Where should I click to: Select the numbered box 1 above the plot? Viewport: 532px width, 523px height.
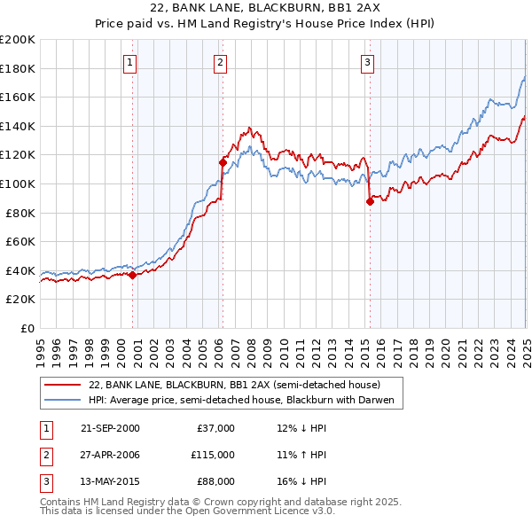130,62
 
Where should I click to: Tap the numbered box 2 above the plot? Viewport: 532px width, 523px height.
219,62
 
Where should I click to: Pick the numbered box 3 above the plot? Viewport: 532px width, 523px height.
367,62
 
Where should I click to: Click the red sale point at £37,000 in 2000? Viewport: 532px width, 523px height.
132,275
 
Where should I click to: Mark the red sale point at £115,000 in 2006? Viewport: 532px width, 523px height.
222,162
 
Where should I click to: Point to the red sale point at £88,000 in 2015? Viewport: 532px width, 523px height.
369,201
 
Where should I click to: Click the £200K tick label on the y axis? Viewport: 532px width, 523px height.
18,40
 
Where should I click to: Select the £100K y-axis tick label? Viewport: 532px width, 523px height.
18,183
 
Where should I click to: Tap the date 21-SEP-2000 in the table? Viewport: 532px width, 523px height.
110,428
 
